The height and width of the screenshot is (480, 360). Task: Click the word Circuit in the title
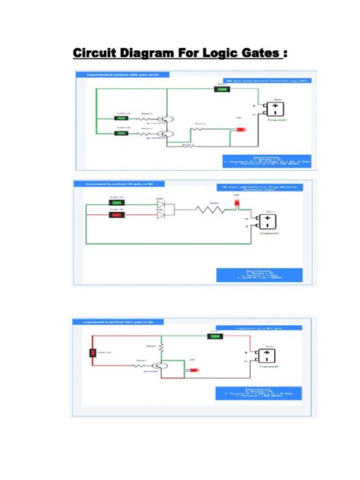[97, 54]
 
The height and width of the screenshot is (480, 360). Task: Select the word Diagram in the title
[151, 54]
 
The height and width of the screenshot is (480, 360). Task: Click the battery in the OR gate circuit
[270, 223]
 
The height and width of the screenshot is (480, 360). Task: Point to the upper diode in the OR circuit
[161, 204]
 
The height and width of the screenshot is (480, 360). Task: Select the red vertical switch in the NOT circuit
[92, 352]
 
